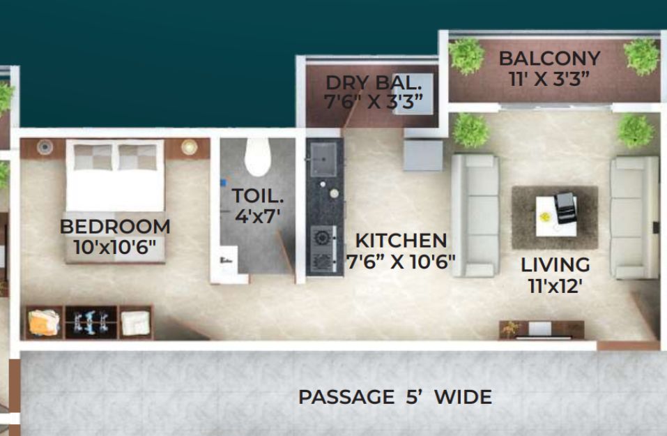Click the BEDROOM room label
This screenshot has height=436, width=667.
(x=115, y=227)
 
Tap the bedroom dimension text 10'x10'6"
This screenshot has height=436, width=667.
(x=115, y=247)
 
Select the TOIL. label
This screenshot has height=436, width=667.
(x=257, y=196)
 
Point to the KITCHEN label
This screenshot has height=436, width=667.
(x=401, y=241)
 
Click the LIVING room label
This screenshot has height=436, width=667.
(x=555, y=265)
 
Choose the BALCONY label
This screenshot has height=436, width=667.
(x=550, y=59)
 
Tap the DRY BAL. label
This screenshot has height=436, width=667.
(x=374, y=82)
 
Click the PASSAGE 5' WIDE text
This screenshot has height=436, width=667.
(x=395, y=397)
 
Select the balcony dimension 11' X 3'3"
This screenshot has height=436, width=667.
(x=549, y=79)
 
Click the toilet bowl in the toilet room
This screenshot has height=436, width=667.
(x=258, y=157)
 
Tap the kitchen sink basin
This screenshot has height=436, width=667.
(x=323, y=159)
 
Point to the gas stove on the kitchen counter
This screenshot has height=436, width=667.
(x=323, y=250)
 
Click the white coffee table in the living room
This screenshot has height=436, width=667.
(x=555, y=216)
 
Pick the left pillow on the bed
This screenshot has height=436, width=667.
(x=93, y=157)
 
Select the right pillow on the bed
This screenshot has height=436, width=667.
(x=137, y=157)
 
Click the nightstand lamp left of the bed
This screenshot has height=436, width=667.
(x=45, y=147)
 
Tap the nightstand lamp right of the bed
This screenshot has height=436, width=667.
(x=190, y=147)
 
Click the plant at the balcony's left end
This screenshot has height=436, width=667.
(x=467, y=56)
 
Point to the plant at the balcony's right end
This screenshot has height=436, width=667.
(x=641, y=57)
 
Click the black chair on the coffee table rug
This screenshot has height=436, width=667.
(x=566, y=207)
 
